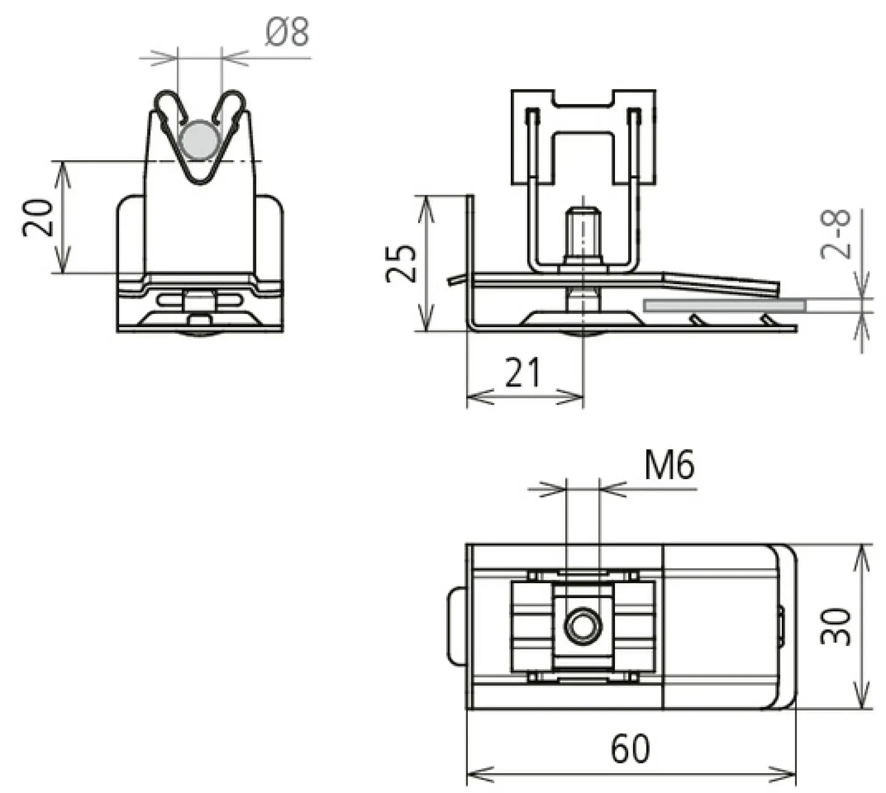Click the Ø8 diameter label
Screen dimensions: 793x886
pos(287,33)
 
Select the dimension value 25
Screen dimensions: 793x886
pos(401,263)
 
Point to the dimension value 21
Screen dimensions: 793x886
pos(523,372)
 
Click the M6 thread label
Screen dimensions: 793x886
pos(669,466)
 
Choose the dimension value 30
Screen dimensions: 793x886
pos(835,627)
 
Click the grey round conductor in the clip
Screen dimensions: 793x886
pos(200,140)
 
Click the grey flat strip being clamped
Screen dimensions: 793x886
pos(725,306)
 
